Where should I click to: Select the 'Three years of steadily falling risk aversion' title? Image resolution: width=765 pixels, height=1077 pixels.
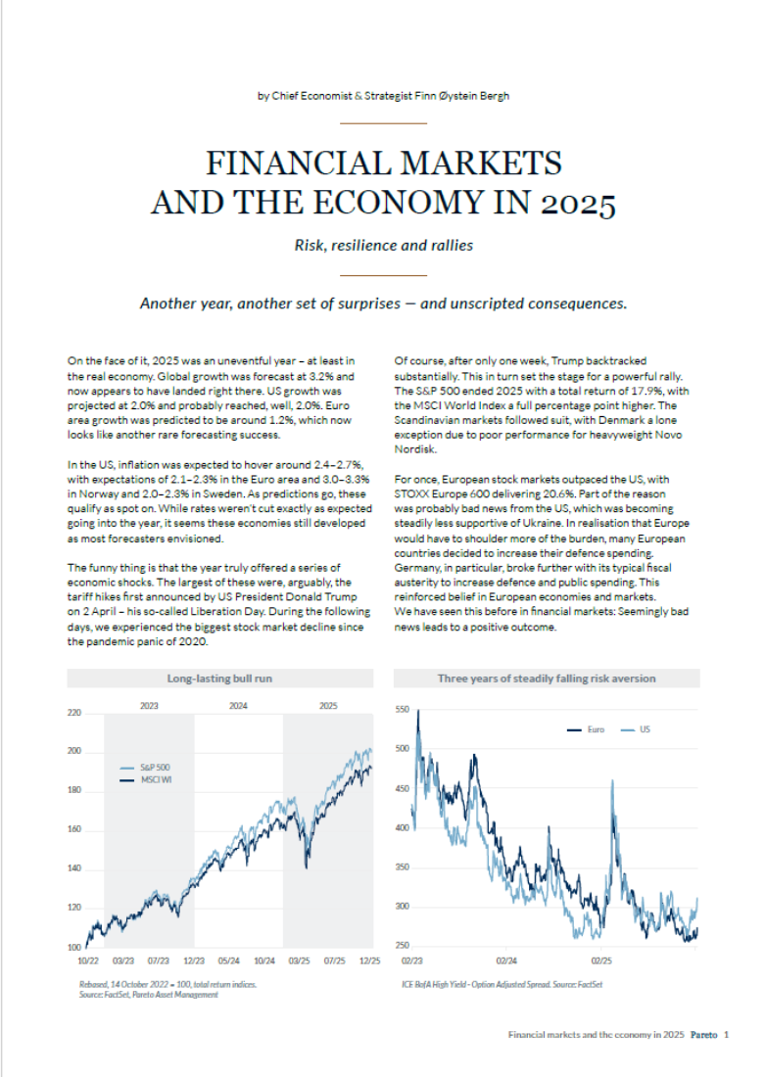[x=547, y=678]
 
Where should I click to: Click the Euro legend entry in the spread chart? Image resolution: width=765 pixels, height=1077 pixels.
[x=596, y=729]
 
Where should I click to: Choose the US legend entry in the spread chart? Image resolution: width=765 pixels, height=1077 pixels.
[x=644, y=729]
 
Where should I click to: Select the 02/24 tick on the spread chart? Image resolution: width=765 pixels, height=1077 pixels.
[x=507, y=962]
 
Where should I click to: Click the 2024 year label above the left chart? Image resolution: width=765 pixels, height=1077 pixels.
[x=238, y=704]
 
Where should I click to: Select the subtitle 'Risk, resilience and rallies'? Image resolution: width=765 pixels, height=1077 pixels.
[x=383, y=245]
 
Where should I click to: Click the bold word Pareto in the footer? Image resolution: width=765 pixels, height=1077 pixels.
[x=703, y=1034]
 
